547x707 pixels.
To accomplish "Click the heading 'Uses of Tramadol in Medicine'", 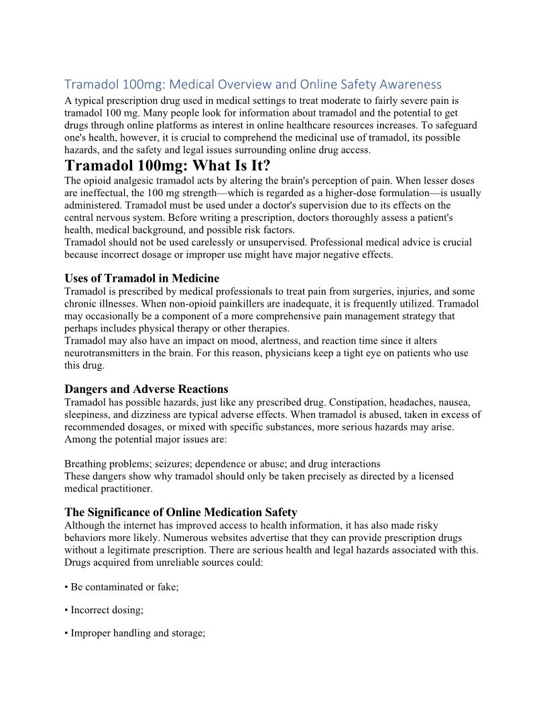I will point(141,278).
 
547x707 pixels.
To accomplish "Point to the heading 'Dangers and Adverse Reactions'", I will point(146,389).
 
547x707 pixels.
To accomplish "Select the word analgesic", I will point(138,180).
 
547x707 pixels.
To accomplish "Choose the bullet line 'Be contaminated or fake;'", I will point(125,586).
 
